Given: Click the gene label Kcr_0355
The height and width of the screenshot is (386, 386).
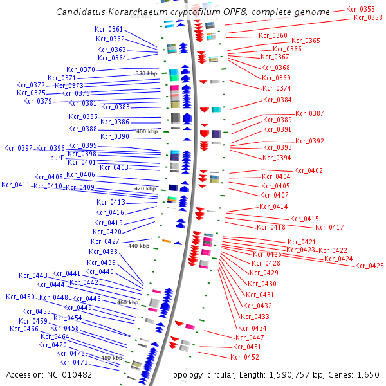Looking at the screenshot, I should point(360,9).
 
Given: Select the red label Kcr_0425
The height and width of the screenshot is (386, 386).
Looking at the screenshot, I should point(369,266).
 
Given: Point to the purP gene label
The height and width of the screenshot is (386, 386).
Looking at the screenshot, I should point(59,158).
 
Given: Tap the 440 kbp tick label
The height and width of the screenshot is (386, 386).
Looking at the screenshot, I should point(138,246).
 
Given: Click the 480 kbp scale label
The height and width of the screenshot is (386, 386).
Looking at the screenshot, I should point(111,358).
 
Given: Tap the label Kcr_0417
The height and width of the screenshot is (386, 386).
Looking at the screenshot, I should point(329,227).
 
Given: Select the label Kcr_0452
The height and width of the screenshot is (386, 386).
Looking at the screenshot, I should point(245,357).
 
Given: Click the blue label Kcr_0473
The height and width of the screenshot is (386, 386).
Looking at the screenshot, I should point(73,362).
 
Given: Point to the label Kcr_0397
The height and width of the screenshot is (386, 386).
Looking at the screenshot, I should point(18,148).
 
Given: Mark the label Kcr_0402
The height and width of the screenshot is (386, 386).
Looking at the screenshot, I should point(308,170).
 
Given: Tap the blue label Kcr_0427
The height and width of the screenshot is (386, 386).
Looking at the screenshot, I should point(104,241).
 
